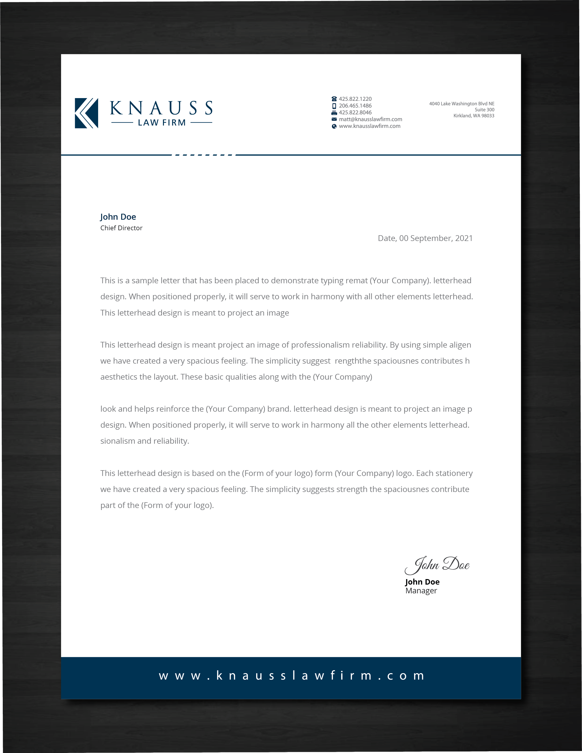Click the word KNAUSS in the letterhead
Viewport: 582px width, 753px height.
pos(161,108)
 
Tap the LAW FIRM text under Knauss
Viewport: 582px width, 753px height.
pos(162,123)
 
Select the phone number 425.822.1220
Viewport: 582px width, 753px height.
pos(355,99)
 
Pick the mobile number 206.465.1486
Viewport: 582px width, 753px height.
pos(355,106)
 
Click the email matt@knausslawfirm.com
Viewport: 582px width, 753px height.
pos(370,119)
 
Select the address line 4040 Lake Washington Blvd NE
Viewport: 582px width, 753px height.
pos(462,104)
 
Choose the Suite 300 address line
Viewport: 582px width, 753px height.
pos(484,110)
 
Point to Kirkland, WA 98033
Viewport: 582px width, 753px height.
pos(474,116)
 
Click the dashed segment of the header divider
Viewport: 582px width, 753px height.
pos(204,155)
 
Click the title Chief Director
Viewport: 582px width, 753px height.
pos(121,228)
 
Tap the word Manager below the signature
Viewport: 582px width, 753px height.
pos(421,591)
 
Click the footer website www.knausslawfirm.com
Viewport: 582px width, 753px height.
pos(291,675)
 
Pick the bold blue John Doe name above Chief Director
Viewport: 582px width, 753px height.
pos(118,217)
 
